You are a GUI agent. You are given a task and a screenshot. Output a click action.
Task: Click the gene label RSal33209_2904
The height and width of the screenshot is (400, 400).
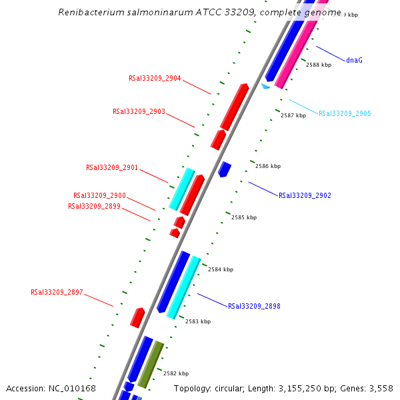[155, 78]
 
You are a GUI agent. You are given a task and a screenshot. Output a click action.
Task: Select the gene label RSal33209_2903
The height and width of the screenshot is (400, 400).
[139, 111]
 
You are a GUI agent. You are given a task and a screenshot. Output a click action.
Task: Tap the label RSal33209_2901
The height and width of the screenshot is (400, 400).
[112, 167]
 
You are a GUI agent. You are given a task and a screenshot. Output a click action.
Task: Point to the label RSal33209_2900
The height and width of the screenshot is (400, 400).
[99, 195]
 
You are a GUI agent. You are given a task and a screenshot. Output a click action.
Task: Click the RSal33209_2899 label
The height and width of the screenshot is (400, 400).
[94, 206]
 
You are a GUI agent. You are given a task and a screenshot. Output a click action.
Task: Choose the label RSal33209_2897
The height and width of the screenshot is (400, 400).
[57, 292]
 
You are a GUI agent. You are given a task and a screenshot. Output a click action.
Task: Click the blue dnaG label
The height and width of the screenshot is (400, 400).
[355, 60]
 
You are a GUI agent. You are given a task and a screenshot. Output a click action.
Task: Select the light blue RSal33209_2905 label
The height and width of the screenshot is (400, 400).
[345, 113]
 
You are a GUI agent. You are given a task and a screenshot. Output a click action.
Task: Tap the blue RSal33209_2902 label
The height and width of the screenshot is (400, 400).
[305, 195]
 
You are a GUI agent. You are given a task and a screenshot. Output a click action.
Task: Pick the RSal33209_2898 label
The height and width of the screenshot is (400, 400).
[254, 306]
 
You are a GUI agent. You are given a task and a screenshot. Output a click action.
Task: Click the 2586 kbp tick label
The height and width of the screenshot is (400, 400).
[268, 166]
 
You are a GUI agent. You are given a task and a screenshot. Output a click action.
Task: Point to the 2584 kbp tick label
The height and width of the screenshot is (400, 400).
[221, 269]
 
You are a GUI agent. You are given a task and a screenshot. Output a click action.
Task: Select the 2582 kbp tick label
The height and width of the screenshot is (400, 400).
[176, 373]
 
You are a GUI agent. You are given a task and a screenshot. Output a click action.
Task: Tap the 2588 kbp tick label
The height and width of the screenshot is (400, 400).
[319, 65]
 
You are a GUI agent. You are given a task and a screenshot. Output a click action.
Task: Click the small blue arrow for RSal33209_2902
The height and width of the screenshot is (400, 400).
[225, 169]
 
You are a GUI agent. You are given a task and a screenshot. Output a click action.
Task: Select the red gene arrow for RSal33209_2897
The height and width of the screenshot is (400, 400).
[137, 317]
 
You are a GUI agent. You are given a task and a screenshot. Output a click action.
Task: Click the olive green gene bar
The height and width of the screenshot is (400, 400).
[151, 364]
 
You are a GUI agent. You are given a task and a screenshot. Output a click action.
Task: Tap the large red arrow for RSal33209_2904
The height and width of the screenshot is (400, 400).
[234, 107]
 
